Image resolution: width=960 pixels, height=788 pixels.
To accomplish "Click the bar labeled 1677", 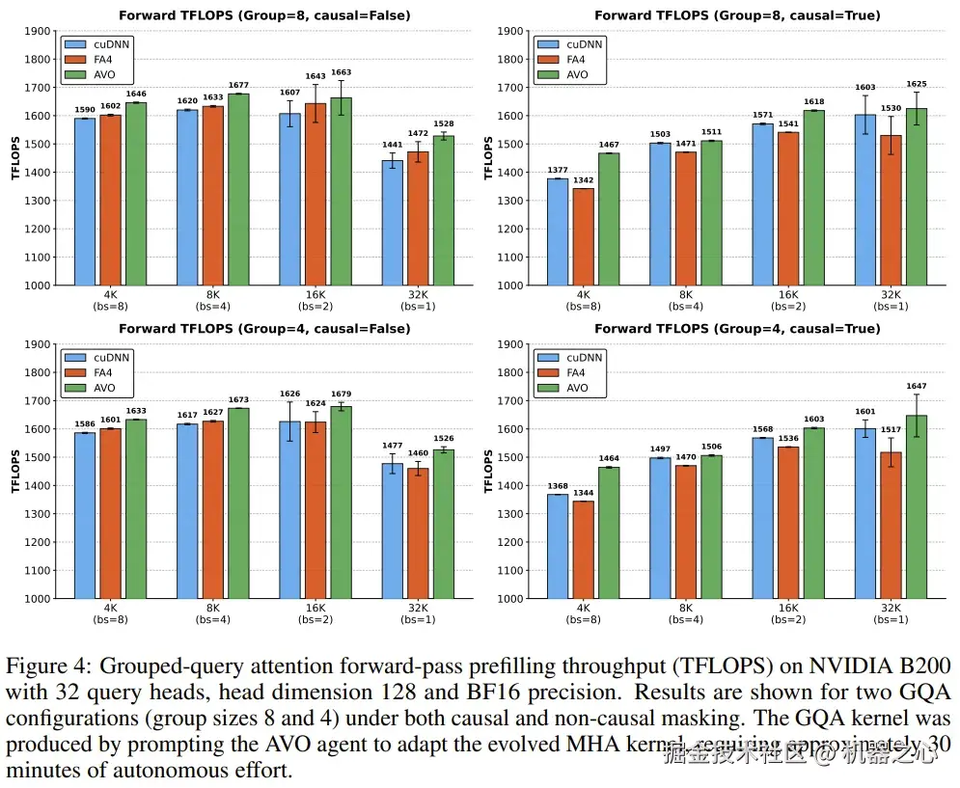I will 238,189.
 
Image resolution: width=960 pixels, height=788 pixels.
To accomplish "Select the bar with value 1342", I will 583,236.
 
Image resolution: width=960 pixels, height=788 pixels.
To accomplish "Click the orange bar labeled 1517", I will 891,525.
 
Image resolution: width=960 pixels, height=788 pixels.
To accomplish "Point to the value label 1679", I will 342,394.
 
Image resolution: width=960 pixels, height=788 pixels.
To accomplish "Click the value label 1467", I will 608,144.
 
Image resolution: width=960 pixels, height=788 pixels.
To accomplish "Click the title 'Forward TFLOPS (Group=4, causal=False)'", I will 264,329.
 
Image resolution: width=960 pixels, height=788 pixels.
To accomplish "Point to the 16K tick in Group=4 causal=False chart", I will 315,608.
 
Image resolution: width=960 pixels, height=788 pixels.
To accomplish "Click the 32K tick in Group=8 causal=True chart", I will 890,294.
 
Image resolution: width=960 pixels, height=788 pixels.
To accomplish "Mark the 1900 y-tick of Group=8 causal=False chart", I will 39,31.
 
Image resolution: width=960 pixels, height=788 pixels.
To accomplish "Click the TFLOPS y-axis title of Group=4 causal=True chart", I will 488,471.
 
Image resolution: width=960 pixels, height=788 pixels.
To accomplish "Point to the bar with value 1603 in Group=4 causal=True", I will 813,513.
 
